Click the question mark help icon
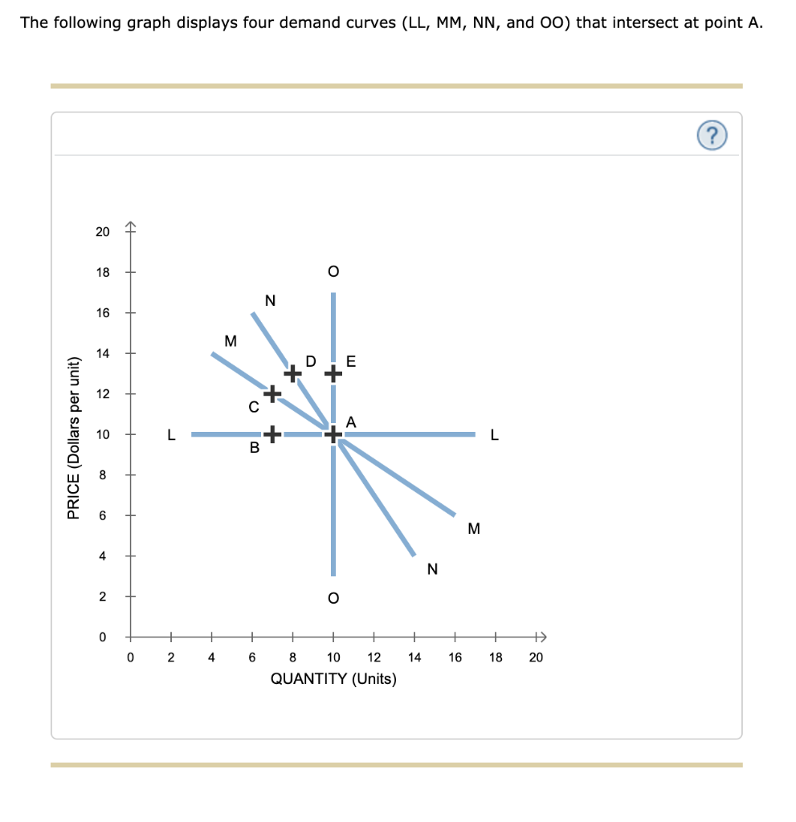coord(714,136)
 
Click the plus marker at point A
coord(333,434)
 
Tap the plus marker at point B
coord(272,434)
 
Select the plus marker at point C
coord(272,393)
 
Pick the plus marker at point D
coord(293,373)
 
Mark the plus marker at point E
coord(333,373)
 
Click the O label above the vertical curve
coord(333,271)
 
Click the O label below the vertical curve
coord(333,598)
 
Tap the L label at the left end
coord(170,435)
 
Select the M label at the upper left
coord(231,340)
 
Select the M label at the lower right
coord(473,529)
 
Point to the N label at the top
coord(270,301)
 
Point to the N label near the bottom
coord(433,569)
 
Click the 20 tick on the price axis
coord(103,232)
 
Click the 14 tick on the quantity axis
coord(414,657)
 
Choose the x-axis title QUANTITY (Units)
coord(333,678)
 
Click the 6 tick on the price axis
coord(103,515)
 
